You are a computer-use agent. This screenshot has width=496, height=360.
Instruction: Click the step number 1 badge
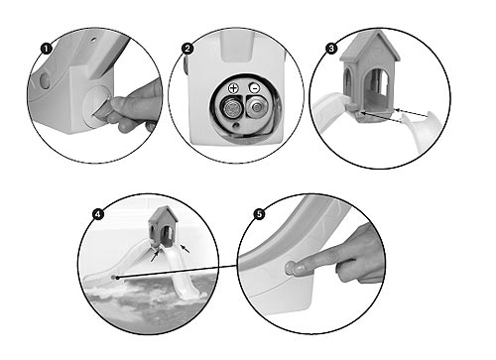pyautogui.click(x=47, y=49)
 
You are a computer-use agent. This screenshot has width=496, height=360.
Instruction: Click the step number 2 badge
pyautogui.click(x=187, y=49)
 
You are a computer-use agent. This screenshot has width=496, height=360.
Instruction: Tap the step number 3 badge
pyautogui.click(x=331, y=49)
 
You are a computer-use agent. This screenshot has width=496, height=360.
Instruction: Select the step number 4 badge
pyautogui.click(x=97, y=214)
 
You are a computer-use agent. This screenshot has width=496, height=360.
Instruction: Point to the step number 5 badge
pyautogui.click(x=259, y=214)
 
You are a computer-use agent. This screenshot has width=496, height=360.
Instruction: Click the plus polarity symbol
pyautogui.click(x=233, y=88)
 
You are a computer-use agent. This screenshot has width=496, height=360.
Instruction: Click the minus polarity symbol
pyautogui.click(x=255, y=88)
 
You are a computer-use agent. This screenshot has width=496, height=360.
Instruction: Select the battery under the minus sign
pyautogui.click(x=256, y=107)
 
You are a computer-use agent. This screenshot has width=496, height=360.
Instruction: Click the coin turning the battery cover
pyautogui.click(x=102, y=108)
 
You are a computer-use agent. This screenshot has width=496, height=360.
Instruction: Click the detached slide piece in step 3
pyautogui.click(x=418, y=131)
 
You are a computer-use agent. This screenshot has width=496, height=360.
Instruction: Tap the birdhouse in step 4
pyautogui.click(x=163, y=227)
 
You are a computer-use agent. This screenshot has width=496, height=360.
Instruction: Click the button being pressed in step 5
pyautogui.click(x=291, y=268)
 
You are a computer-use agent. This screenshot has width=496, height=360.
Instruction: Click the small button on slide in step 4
pyautogui.click(x=114, y=277)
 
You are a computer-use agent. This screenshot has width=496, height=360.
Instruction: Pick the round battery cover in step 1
pyautogui.click(x=95, y=106)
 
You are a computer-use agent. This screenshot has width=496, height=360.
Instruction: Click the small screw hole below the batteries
pyautogui.click(x=235, y=125)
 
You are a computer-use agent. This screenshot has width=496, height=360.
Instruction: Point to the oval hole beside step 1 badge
pyautogui.click(x=44, y=81)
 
